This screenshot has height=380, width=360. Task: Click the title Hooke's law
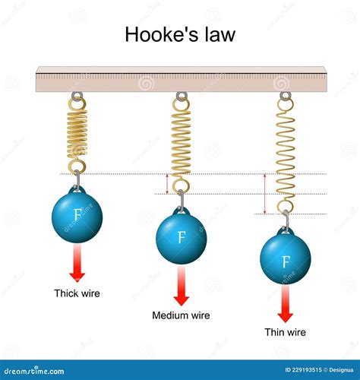[x=180, y=34]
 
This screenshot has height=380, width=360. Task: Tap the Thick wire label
[x=77, y=293]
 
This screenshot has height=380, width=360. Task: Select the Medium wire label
[x=181, y=315]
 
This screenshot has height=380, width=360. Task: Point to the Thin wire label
[x=286, y=332]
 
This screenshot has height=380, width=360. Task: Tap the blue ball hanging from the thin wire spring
[x=286, y=258]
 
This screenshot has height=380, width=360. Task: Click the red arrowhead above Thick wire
[x=77, y=277]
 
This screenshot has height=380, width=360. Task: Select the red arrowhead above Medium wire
[x=182, y=300]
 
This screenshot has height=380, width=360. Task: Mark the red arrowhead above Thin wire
[x=286, y=318]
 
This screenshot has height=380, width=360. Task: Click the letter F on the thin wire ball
[x=286, y=261]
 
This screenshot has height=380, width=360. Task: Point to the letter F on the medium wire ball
[x=182, y=237]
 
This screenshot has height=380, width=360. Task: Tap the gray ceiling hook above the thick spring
[x=77, y=96]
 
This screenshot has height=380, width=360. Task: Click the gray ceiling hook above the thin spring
[x=286, y=96]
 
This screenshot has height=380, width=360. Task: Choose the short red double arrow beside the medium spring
[x=167, y=184]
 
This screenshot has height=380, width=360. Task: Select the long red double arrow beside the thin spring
[x=265, y=194]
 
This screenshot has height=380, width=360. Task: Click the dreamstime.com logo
[x=34, y=371]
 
